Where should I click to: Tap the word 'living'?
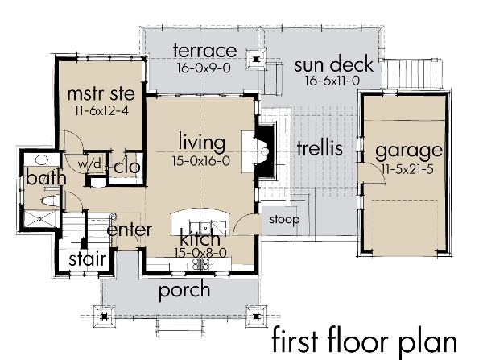point(201,143)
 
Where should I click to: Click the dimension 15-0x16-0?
point(201,161)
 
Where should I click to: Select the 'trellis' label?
point(320,148)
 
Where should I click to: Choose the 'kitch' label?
point(200,239)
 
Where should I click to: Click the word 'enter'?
point(130,230)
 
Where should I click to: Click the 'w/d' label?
point(90,163)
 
